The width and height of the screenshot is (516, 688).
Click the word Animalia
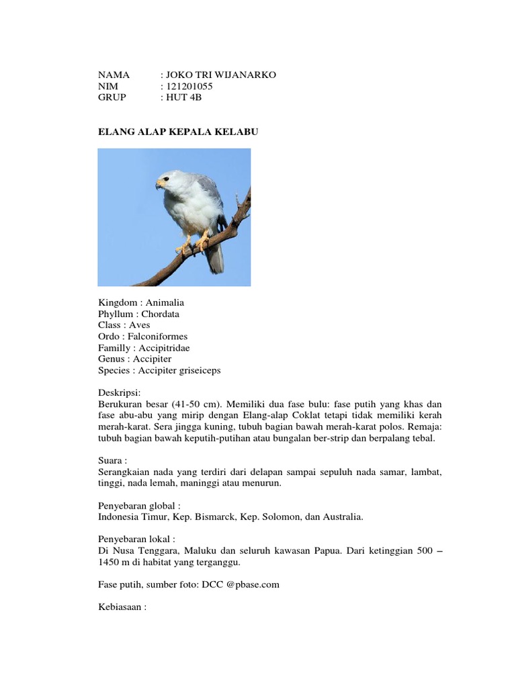[x=165, y=303]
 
